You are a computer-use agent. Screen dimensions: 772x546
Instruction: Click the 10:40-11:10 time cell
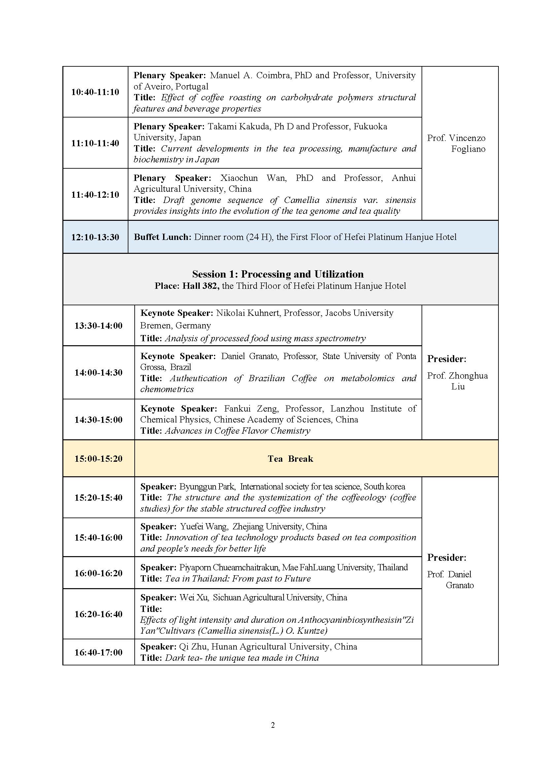[x=95, y=92]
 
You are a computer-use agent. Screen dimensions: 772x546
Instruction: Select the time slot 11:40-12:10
[x=95, y=195]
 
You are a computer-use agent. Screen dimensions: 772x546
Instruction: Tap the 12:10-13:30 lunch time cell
[x=95, y=237]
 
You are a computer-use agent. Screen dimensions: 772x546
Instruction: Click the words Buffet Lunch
[x=162, y=237]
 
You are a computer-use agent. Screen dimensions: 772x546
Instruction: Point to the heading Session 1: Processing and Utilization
[x=278, y=274]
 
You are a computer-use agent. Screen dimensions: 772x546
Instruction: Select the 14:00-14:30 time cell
[x=98, y=373]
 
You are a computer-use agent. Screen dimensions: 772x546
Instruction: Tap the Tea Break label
[x=290, y=459]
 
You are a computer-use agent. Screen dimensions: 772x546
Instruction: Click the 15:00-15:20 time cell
[x=98, y=459]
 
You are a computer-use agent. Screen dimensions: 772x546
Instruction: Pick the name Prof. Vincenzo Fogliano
[x=456, y=144]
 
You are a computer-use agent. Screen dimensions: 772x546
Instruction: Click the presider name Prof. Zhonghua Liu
[x=457, y=381]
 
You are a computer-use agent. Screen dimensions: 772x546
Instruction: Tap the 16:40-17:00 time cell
[x=98, y=653]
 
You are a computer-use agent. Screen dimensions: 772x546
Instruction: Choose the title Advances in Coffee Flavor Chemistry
[x=237, y=431]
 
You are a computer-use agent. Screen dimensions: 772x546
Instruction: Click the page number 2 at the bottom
[x=273, y=725]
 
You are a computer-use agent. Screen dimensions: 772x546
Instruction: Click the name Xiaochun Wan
[x=253, y=178]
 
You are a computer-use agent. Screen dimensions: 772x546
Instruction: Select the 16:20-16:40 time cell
[x=98, y=614]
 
